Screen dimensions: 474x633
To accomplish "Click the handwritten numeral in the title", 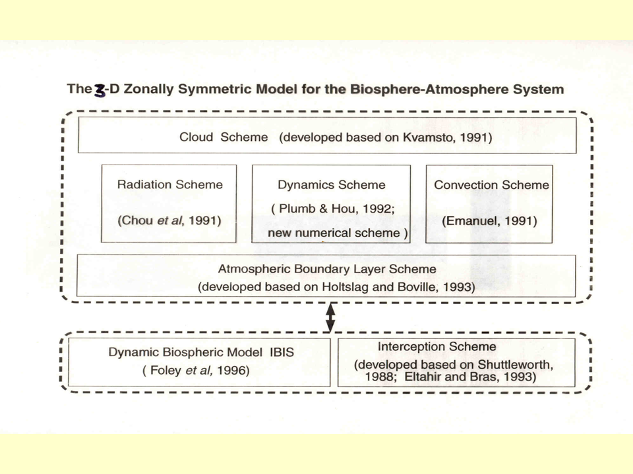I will pos(100,90).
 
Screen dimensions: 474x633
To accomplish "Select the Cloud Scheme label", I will pos(224,138).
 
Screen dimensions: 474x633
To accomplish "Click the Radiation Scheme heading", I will pos(169,185).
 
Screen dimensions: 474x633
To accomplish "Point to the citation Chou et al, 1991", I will pos(169,221).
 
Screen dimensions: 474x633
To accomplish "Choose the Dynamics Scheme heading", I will pos(331,185).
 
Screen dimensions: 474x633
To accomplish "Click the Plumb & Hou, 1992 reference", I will pos(332,209).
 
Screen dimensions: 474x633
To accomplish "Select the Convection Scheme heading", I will pos(491,185).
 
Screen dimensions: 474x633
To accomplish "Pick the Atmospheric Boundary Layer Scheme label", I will pos(327,269).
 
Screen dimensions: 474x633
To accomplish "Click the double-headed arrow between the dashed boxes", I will pos(330,317).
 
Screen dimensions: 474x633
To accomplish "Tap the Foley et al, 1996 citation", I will pos(196,371).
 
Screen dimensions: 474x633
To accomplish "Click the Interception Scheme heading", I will pos(437,346).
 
